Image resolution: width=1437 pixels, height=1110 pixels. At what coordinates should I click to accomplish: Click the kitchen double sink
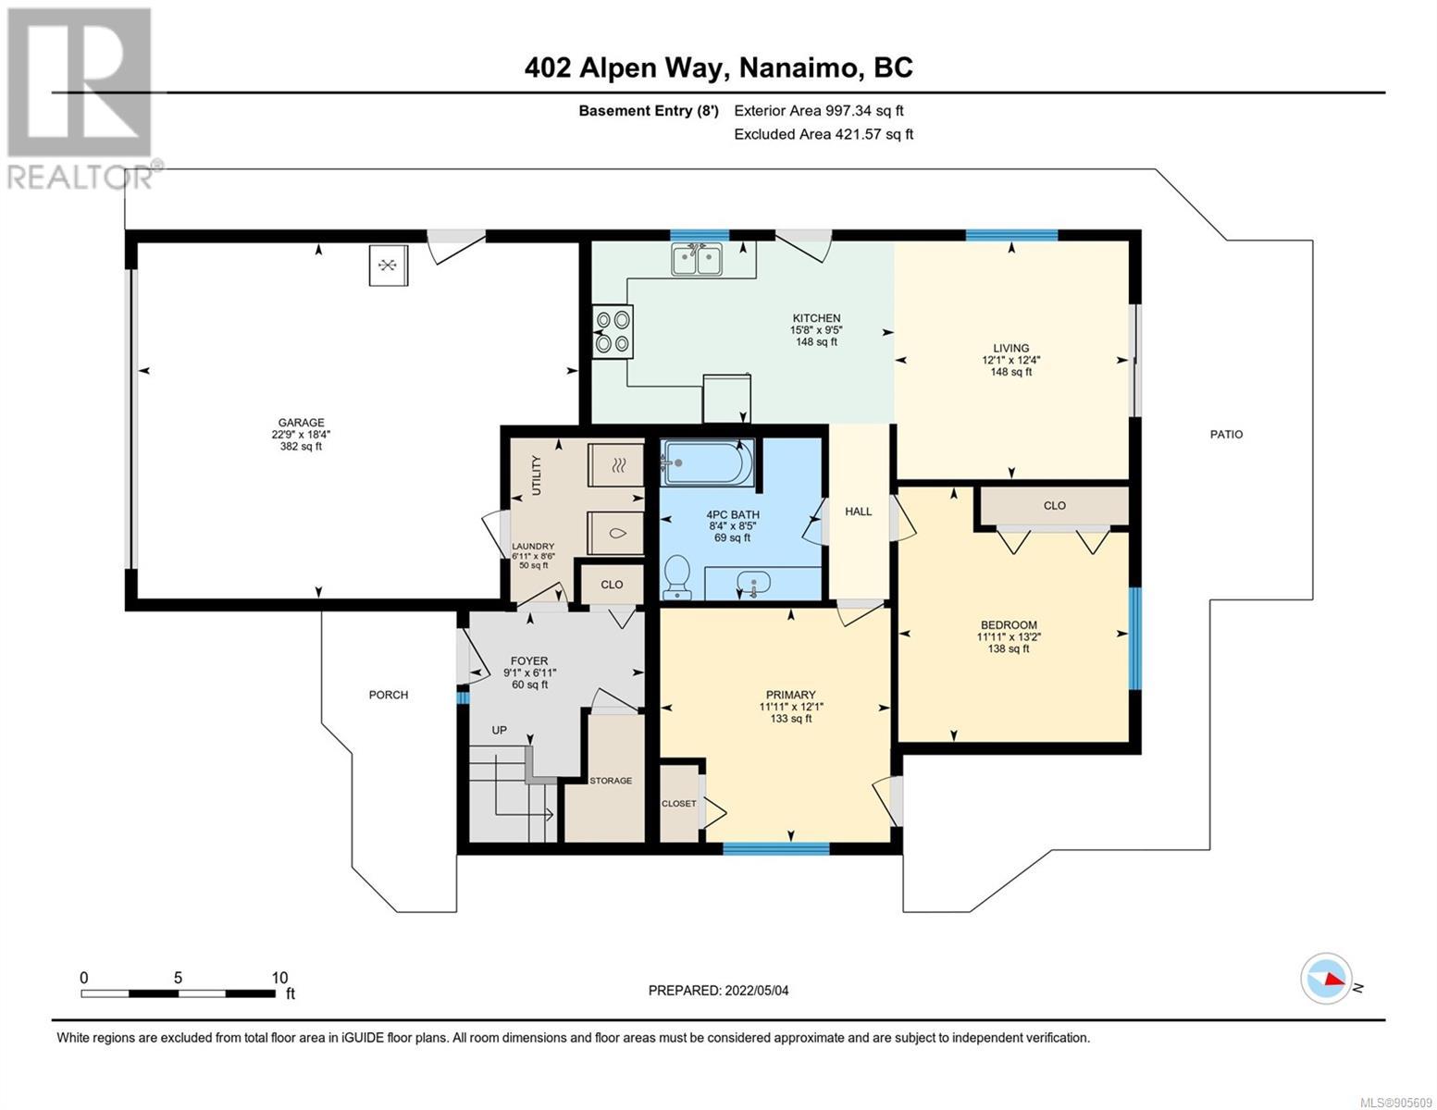click(x=696, y=259)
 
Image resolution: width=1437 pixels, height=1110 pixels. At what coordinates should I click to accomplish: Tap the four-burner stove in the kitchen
click(x=613, y=332)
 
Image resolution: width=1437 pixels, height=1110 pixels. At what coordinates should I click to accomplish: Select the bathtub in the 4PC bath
click(x=707, y=462)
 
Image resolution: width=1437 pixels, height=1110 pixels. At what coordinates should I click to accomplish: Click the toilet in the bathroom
click(x=675, y=577)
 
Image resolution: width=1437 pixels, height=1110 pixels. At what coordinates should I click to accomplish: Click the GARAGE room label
click(x=301, y=423)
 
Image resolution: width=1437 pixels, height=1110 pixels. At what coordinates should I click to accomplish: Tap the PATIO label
click(x=1226, y=435)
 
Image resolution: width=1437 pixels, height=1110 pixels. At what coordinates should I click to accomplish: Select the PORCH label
click(x=389, y=695)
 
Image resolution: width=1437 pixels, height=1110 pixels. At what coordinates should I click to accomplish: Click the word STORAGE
click(x=611, y=781)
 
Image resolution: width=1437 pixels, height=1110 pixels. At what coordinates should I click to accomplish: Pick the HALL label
click(x=859, y=511)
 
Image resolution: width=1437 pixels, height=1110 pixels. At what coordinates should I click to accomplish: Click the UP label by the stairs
click(x=500, y=730)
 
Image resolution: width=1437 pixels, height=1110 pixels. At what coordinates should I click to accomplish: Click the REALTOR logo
click(x=81, y=99)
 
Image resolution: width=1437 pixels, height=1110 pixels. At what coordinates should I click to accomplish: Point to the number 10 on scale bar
click(x=279, y=977)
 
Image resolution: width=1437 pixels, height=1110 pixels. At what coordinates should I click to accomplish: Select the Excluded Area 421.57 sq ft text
click(x=824, y=134)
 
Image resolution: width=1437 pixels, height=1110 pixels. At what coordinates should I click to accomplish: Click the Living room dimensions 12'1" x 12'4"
click(x=1011, y=361)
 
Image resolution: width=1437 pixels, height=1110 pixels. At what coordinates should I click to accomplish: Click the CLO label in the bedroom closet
click(x=1054, y=505)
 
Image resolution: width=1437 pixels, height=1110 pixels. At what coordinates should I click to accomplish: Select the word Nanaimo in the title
click(x=796, y=68)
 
